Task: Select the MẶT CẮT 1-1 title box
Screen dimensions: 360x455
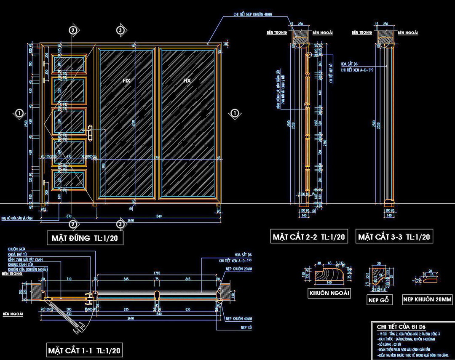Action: (84, 350)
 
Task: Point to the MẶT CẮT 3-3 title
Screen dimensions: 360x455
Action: (394, 237)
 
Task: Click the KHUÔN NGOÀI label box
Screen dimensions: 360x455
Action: (330, 293)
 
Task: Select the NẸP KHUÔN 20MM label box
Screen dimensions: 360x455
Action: (427, 300)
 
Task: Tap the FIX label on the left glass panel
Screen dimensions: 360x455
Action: (126, 80)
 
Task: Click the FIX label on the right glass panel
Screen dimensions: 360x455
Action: (187, 80)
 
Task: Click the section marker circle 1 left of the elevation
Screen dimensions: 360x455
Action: (19, 113)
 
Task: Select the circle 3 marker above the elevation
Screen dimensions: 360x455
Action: (120, 30)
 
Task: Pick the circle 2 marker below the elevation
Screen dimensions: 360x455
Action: (73, 224)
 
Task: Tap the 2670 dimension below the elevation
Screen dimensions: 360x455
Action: (131, 221)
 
